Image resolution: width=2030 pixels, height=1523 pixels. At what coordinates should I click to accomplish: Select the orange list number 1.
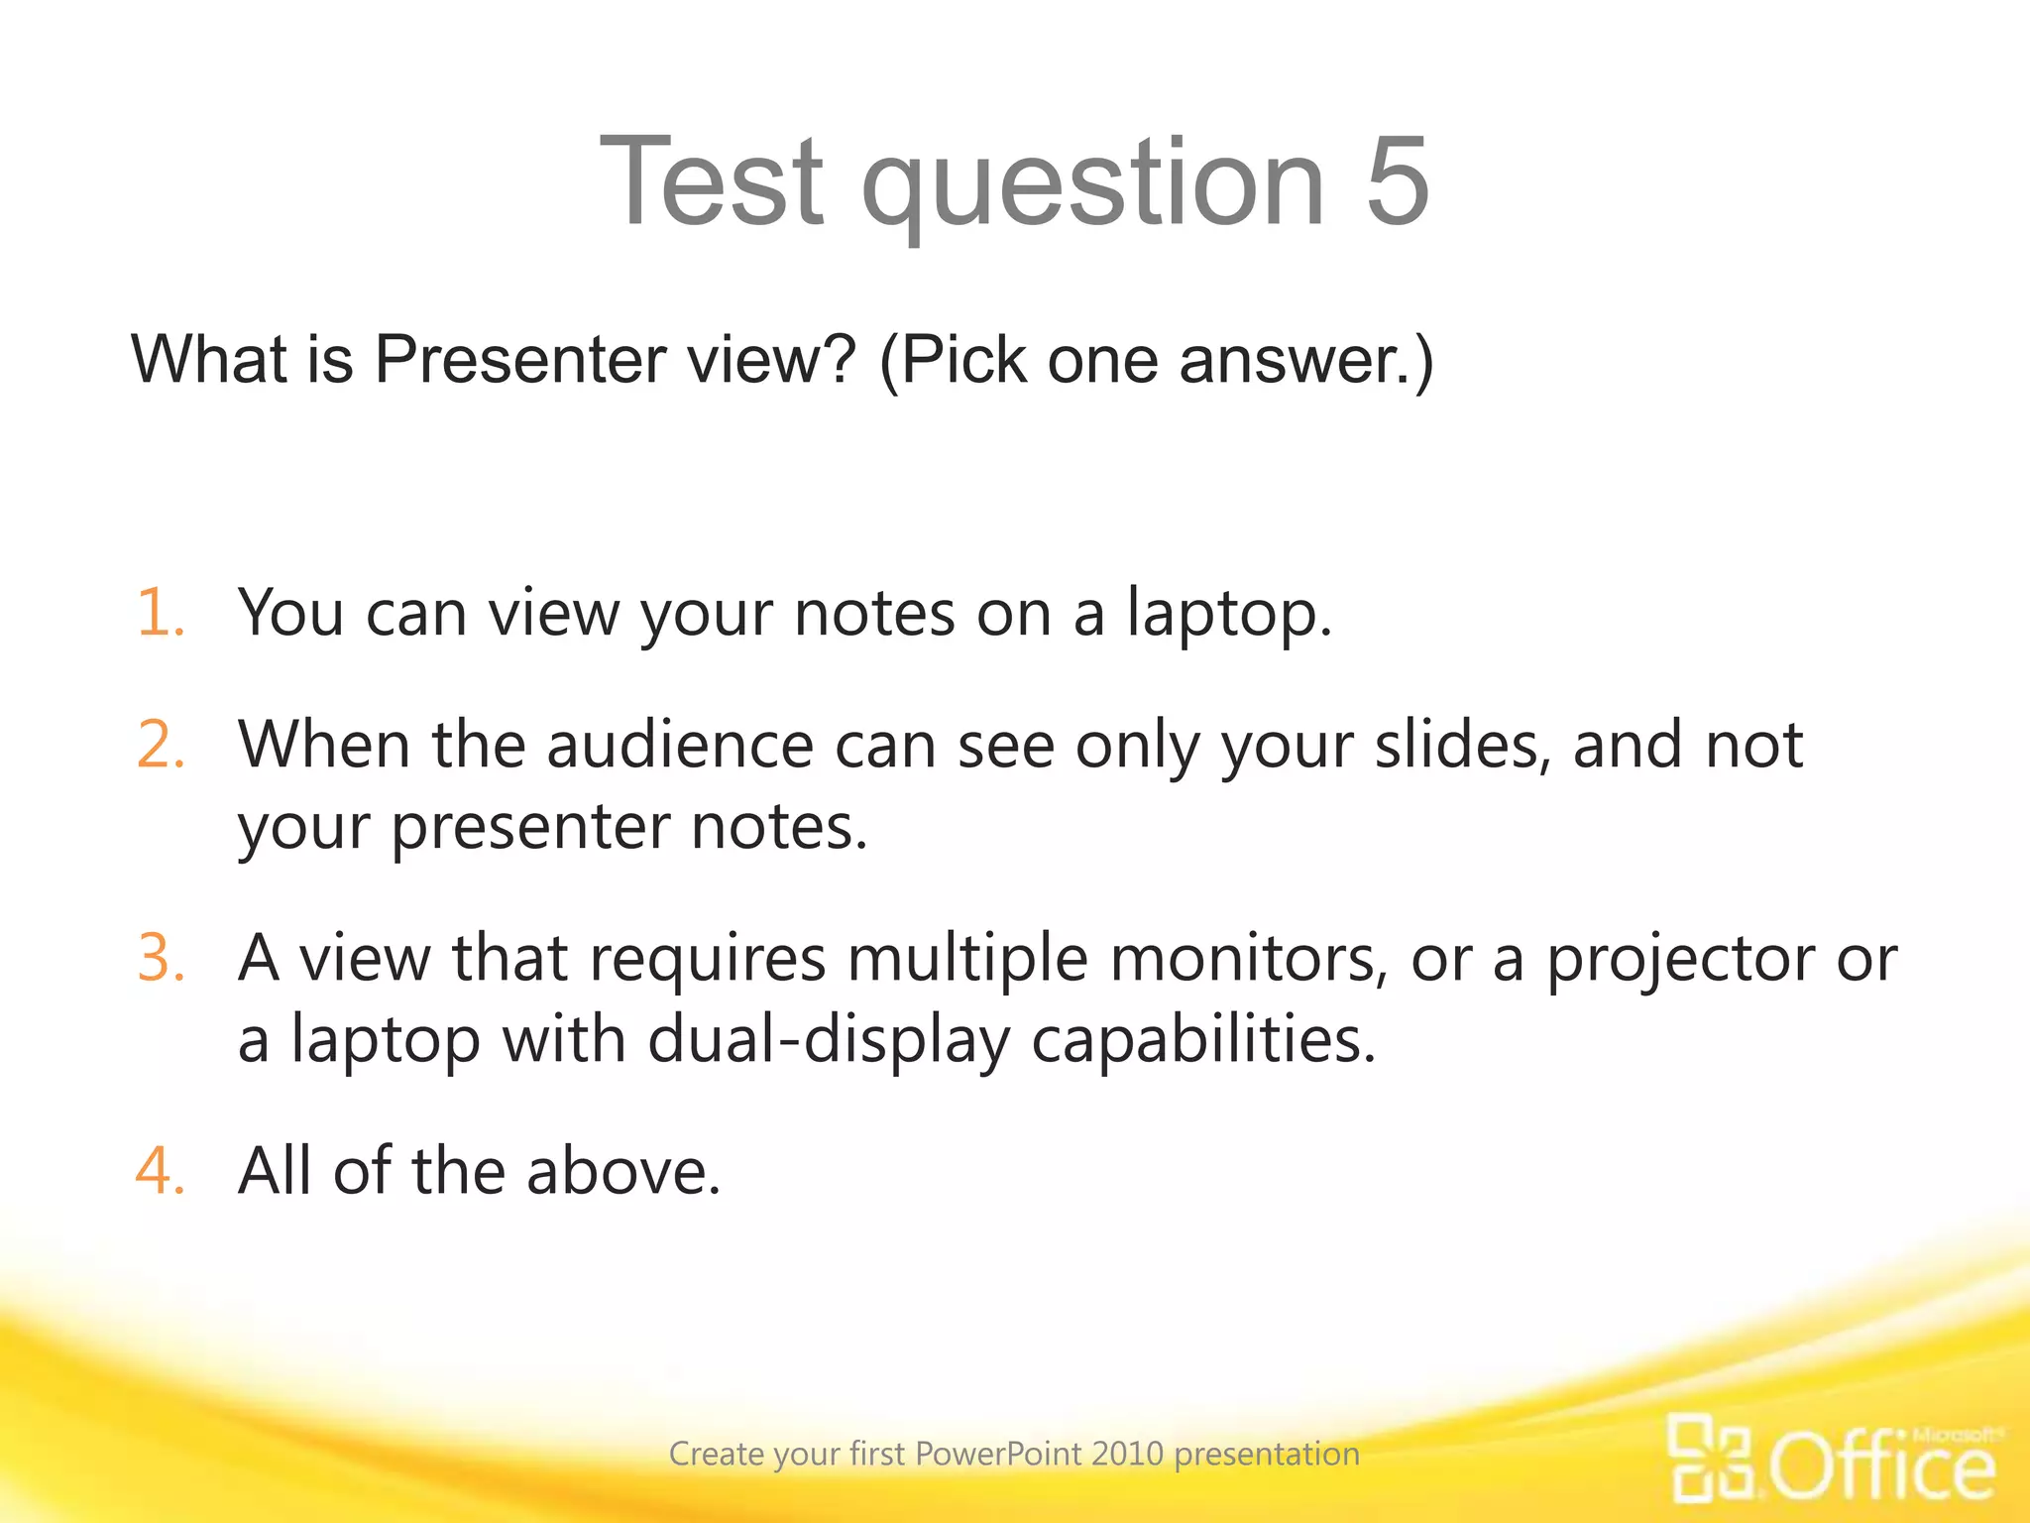[x=160, y=612]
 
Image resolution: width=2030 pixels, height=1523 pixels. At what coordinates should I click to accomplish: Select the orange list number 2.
[x=161, y=745]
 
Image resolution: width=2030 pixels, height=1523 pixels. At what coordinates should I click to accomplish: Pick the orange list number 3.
[x=161, y=958]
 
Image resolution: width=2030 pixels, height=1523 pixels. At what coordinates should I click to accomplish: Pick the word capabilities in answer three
[x=1203, y=1041]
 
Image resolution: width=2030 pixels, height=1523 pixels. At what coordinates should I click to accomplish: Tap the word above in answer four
[x=622, y=1171]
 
